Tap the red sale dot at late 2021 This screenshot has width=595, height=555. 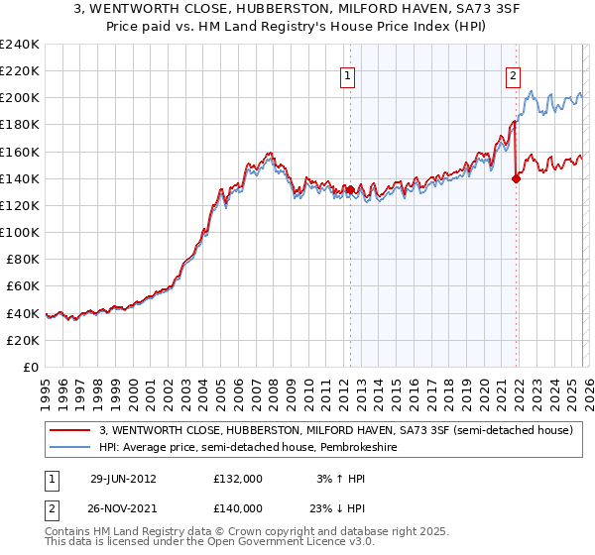coord(516,178)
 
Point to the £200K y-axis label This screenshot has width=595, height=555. coord(19,98)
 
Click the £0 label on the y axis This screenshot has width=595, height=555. coord(32,367)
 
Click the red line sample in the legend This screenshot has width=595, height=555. coord(71,430)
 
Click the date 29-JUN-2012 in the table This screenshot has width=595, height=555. coord(122,478)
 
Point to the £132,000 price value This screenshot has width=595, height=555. coord(237,478)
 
